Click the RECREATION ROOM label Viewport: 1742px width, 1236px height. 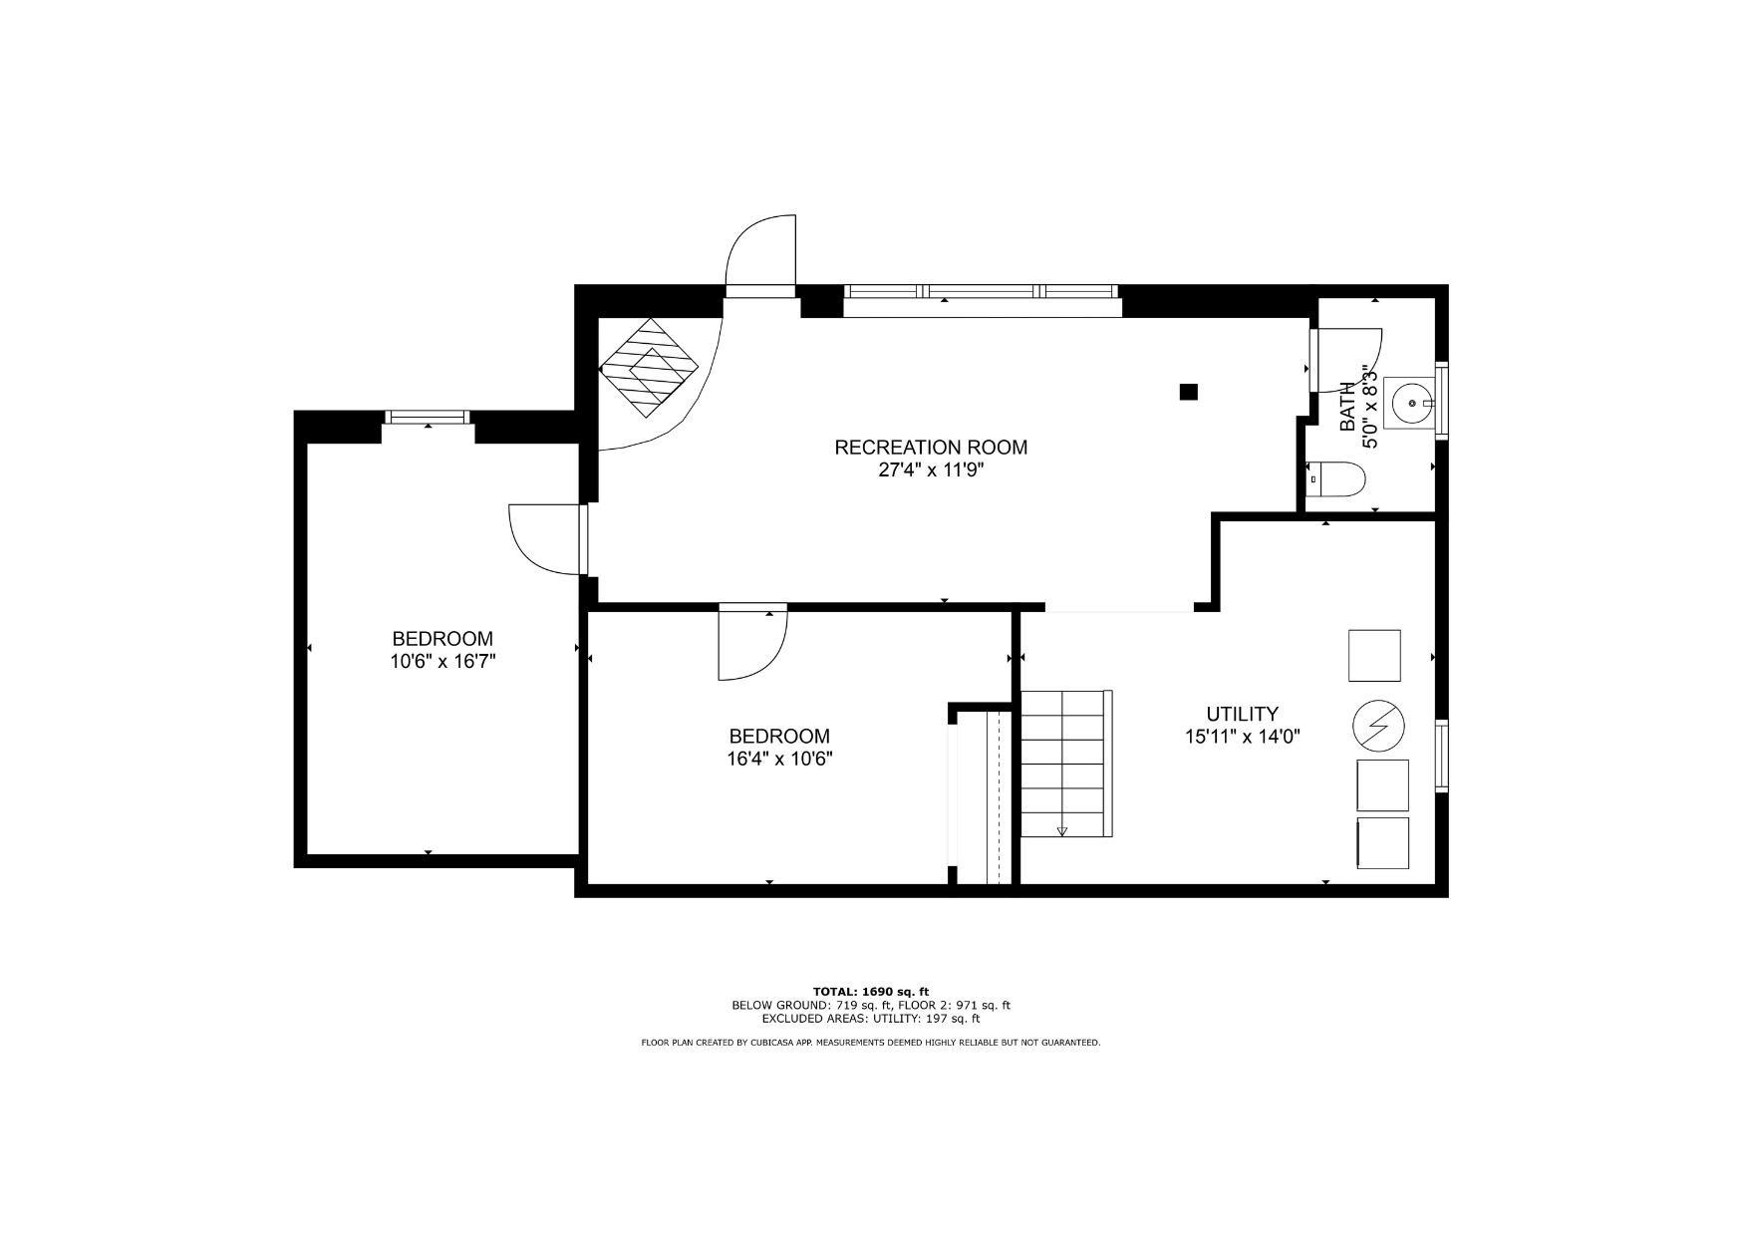click(931, 448)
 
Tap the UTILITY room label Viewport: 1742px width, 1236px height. click(1242, 714)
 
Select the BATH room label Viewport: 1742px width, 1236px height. click(1347, 407)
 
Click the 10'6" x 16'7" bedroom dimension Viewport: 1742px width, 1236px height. click(442, 661)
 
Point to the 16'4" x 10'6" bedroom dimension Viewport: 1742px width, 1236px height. click(779, 759)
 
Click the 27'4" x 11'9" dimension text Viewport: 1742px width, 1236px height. click(931, 470)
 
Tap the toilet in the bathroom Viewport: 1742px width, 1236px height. click(1334, 479)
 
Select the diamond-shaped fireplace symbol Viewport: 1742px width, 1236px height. click(649, 369)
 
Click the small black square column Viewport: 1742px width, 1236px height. click(1188, 392)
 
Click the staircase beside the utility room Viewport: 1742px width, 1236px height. click(1066, 764)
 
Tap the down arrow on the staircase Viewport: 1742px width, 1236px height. click(1062, 830)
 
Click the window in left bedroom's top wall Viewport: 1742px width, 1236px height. click(428, 417)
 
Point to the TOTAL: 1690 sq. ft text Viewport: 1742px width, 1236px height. click(871, 992)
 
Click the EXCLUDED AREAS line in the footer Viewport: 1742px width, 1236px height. click(871, 1019)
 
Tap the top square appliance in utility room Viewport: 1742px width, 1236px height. click(1374, 655)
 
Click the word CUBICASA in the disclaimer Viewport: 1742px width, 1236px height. click(771, 1043)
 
